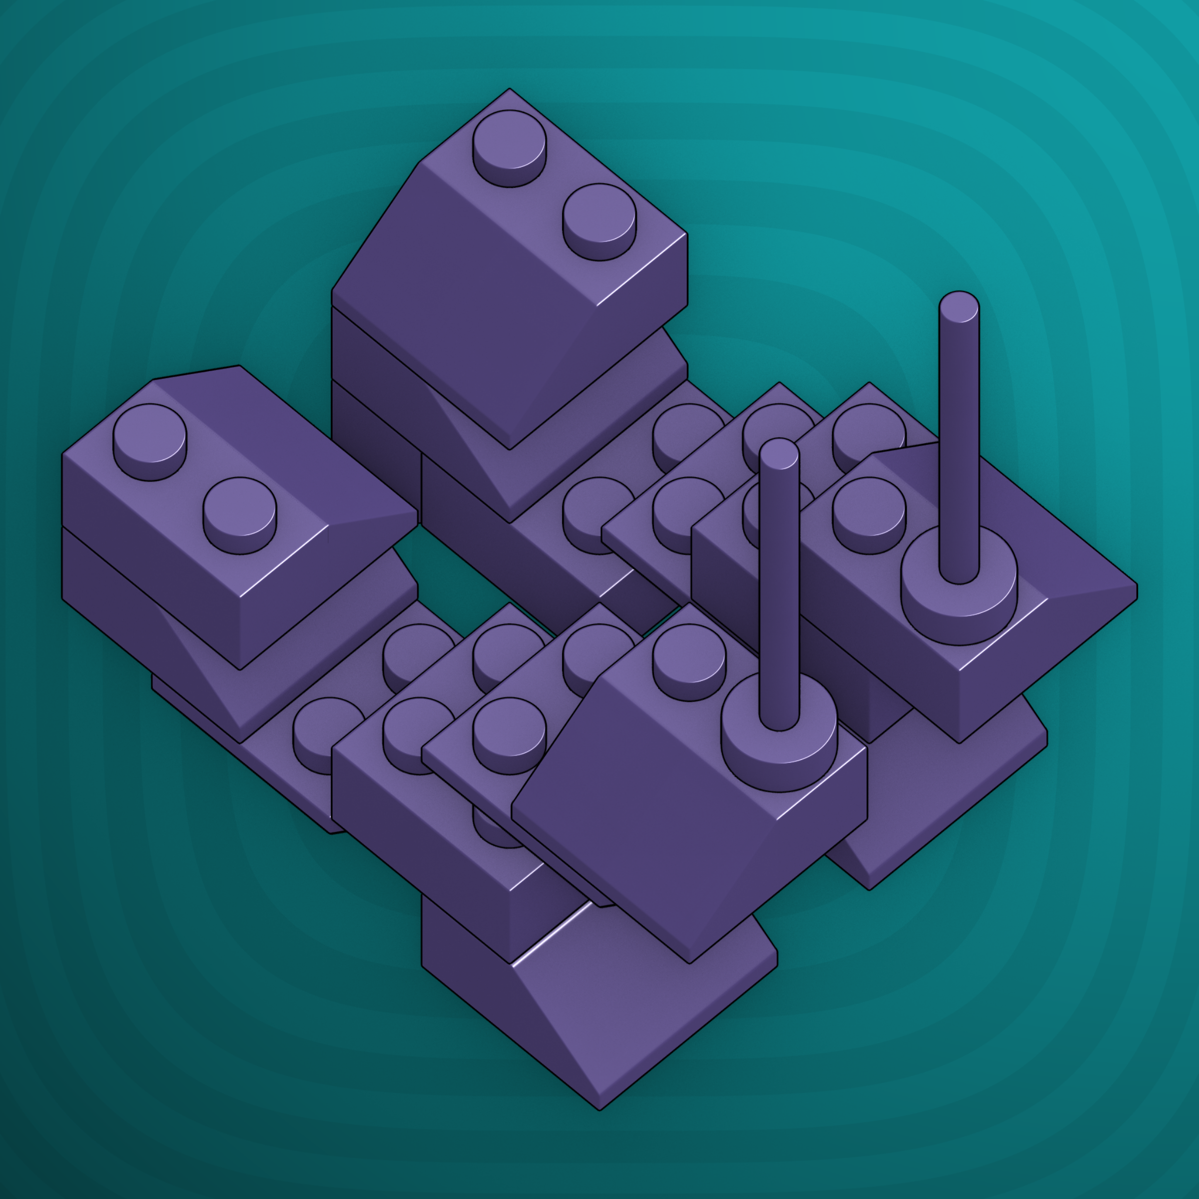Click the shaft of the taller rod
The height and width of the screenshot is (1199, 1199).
959,435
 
